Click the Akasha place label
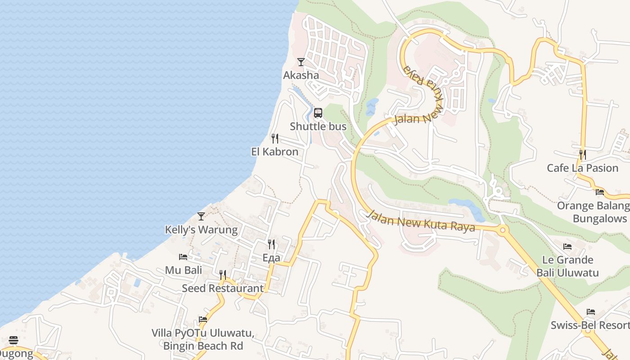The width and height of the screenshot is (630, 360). [x=301, y=75]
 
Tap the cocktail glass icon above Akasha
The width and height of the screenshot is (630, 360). [x=301, y=62]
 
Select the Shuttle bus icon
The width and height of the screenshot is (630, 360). [x=318, y=113]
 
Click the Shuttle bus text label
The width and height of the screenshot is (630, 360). [x=318, y=126]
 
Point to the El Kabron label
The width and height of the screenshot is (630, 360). [x=274, y=152]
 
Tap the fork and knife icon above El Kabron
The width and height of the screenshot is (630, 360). [x=275, y=138]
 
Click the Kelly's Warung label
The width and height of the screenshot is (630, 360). [x=201, y=229]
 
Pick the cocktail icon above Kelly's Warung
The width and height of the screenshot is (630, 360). [x=201, y=216]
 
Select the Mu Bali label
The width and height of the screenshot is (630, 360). [x=183, y=270]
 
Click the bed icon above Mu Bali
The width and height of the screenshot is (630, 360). [x=183, y=257]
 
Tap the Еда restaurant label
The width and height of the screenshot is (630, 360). [x=271, y=257]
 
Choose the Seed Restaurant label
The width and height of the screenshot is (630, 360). [x=223, y=288]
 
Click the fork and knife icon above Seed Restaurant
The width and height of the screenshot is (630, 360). [x=223, y=274]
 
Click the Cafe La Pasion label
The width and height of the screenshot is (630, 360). [x=582, y=168]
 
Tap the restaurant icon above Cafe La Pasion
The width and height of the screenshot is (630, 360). [x=582, y=155]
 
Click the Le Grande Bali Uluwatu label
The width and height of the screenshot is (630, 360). [x=567, y=266]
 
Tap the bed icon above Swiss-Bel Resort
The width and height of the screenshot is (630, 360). [x=591, y=312]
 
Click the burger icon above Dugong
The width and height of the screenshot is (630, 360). [x=13, y=340]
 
